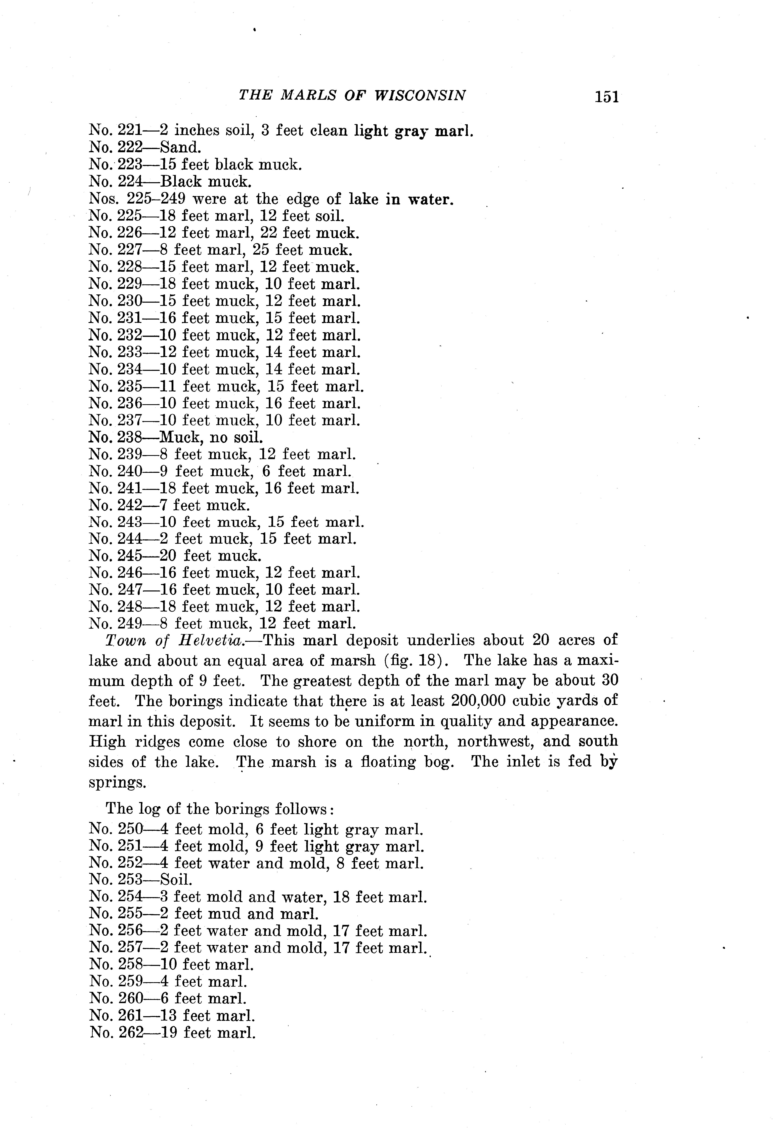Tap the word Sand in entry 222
point(178,147)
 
